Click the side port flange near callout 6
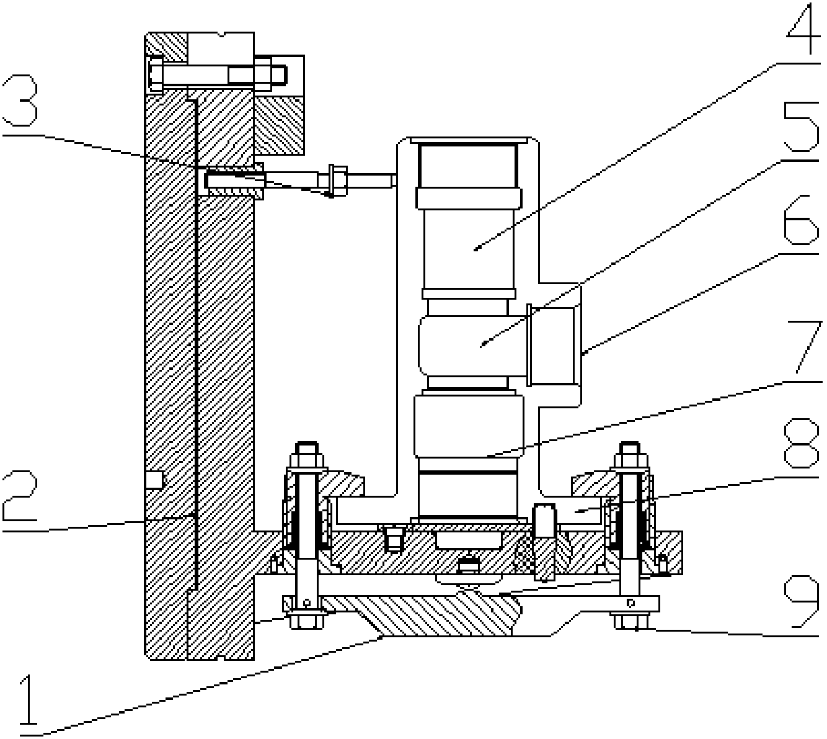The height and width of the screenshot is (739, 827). tap(554, 345)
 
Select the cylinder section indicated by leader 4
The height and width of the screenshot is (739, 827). tap(467, 248)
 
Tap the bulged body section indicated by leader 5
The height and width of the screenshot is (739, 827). tap(468, 345)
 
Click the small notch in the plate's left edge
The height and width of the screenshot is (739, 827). tap(153, 480)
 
